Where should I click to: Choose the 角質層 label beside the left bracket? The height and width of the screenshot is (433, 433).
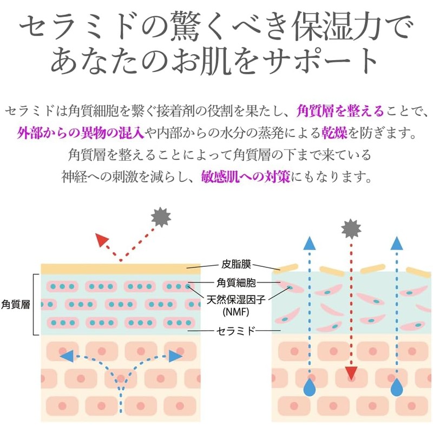pyautogui.click(x=15, y=304)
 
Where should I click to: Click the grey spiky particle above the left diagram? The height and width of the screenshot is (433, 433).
pyautogui.click(x=161, y=218)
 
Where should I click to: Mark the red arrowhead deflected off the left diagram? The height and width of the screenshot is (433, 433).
pyautogui.click(x=101, y=240)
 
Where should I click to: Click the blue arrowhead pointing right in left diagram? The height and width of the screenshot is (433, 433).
pyautogui.click(x=174, y=356)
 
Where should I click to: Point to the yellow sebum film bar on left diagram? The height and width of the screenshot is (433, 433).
pyautogui.click(x=120, y=268)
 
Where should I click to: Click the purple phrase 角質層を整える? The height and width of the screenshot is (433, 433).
pyautogui.click(x=340, y=111)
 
